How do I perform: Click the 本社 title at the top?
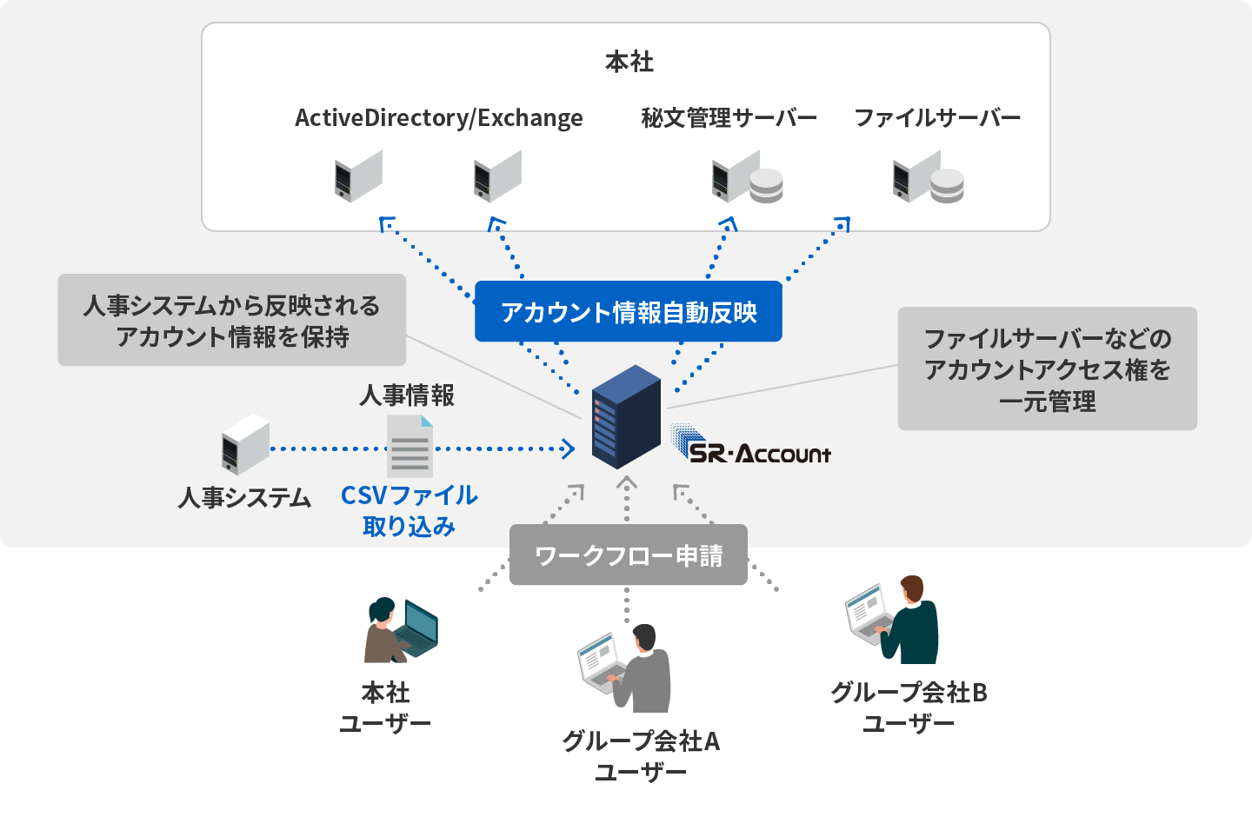click(x=629, y=62)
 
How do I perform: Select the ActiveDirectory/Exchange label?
click(x=438, y=117)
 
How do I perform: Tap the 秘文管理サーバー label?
click(x=729, y=117)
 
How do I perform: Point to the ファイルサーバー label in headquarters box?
click(x=936, y=117)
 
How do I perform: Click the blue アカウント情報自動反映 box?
click(x=628, y=311)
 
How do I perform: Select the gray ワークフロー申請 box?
click(x=628, y=555)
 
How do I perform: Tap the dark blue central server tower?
click(x=626, y=417)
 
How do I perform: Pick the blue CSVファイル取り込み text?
click(x=409, y=510)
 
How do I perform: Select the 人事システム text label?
click(x=244, y=497)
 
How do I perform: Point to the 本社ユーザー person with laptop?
click(x=399, y=630)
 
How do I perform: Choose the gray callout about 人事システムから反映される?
click(x=231, y=320)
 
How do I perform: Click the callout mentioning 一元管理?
click(x=1047, y=369)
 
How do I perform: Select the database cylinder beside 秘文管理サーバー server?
click(x=766, y=185)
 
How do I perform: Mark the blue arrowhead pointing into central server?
click(x=569, y=449)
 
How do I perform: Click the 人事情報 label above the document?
click(x=407, y=395)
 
